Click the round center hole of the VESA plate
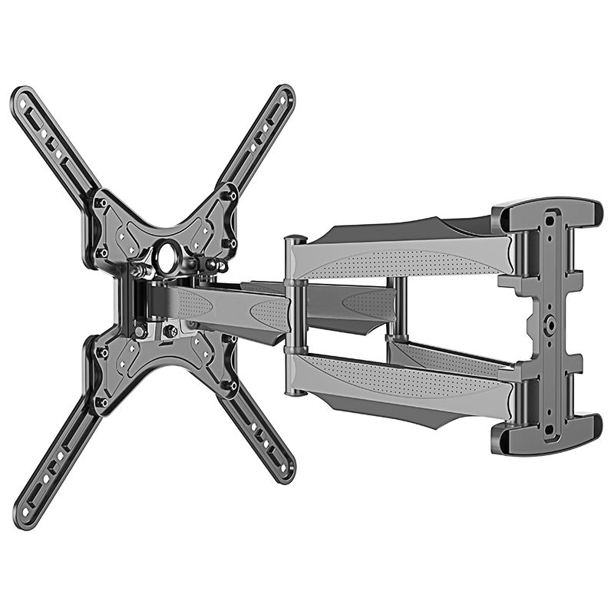167,259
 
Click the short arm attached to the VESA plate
230,307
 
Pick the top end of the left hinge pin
295,240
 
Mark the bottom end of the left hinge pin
295,392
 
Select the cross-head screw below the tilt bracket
170,331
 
